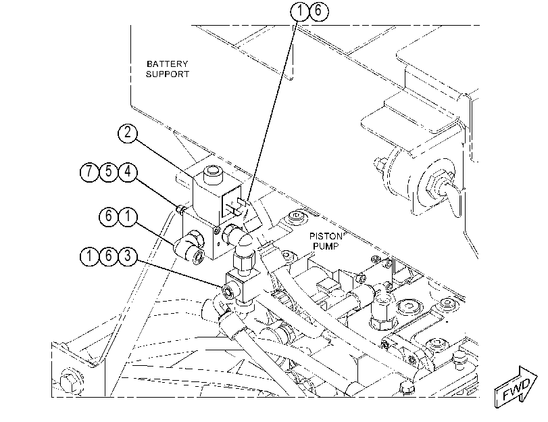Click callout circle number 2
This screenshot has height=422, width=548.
pos(128,133)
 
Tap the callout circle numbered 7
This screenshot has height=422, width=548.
pos(89,172)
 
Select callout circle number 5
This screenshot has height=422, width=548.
pos(109,172)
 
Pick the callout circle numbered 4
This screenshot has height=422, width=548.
pos(128,172)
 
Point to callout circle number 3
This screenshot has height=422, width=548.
pos(128,256)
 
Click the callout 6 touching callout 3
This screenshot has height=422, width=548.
pos(109,256)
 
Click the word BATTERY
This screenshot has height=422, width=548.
pos(167,64)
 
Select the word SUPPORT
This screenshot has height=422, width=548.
pos(168,74)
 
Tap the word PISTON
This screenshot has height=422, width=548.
pos(326,236)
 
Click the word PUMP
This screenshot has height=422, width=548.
pos(326,246)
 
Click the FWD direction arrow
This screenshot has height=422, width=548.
pos(516,387)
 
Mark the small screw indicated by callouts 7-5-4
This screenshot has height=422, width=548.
pos(180,209)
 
